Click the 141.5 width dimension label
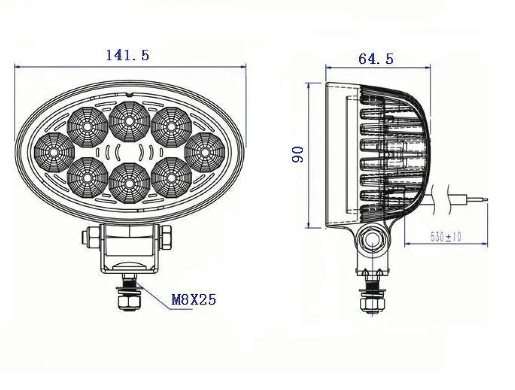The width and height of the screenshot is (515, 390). pos(127,55)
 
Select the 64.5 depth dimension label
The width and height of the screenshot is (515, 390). pos(375,59)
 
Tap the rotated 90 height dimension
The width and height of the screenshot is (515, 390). pos(298,154)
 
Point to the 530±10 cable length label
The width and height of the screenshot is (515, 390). pos(446,237)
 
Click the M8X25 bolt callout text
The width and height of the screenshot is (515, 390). pos(194,299)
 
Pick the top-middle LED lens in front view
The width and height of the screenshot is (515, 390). pos(129,121)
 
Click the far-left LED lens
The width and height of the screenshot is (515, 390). pos(54,152)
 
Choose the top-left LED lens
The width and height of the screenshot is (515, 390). pos(88,127)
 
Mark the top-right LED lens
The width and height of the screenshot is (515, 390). pos(171,127)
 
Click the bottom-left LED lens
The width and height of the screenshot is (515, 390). pos(88,178)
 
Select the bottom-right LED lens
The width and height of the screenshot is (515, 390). pos(171,178)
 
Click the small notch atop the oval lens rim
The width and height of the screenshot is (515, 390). pos(128,94)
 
